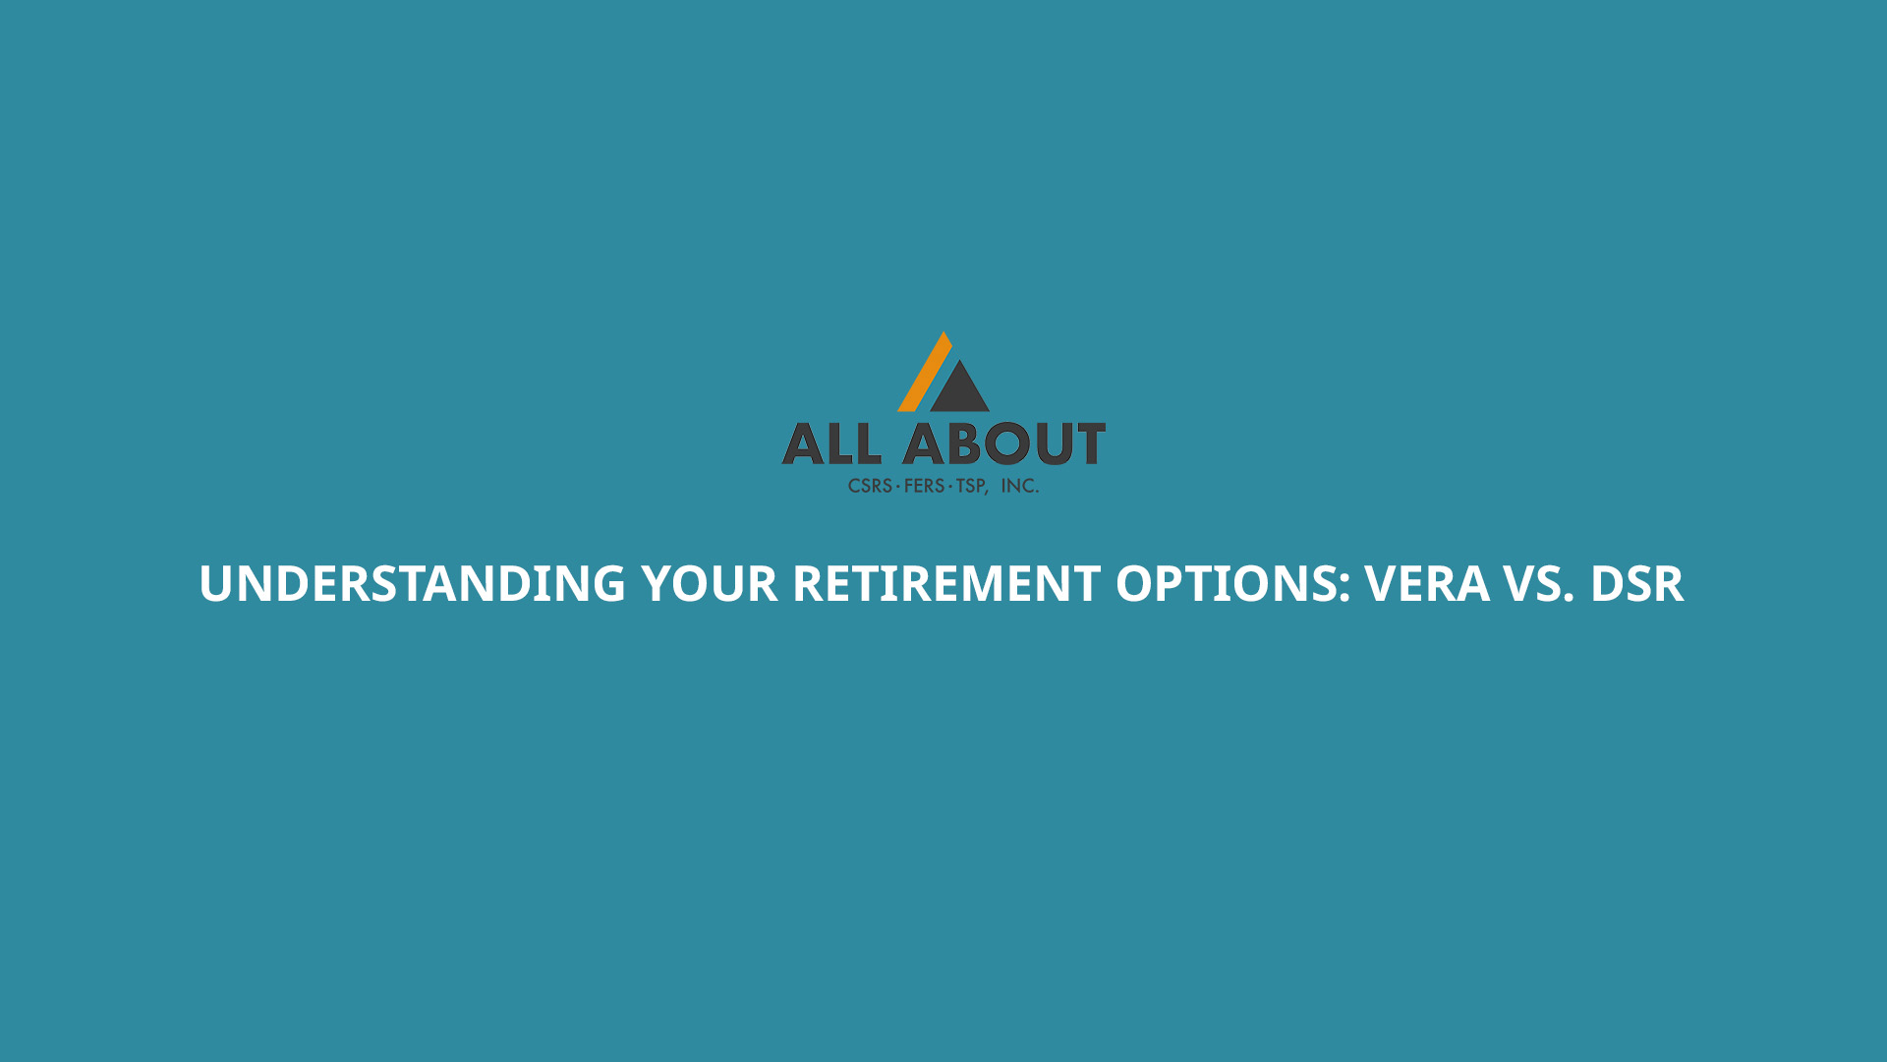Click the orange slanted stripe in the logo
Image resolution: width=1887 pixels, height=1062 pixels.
coord(925,372)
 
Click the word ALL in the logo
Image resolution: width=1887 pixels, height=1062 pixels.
coord(831,443)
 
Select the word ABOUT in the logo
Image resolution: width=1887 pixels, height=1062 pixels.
coord(1004,443)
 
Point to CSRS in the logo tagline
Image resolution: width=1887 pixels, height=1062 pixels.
coord(870,486)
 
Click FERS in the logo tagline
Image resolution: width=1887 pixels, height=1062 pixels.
coord(924,486)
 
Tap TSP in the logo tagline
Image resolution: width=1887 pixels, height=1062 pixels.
coord(971,486)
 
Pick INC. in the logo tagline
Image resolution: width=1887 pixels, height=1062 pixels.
coord(1020,486)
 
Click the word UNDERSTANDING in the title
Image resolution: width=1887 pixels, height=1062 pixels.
coord(413,583)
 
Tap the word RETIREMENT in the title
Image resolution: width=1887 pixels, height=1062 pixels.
coord(946,583)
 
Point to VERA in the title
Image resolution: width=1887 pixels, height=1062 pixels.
coord(1427,583)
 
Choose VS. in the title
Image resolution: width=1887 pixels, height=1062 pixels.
coord(1539,583)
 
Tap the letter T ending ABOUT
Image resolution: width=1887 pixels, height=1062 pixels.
coord(1089,443)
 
